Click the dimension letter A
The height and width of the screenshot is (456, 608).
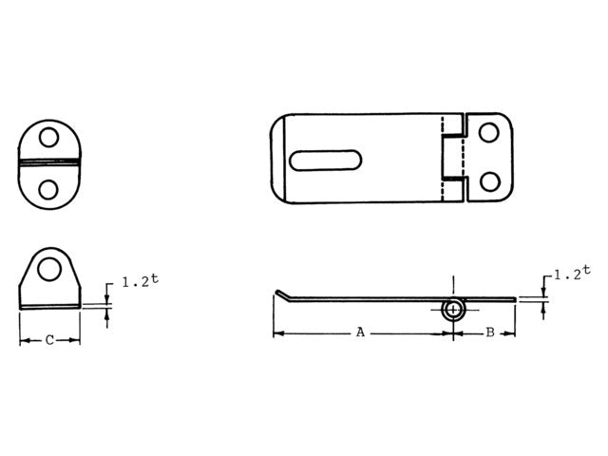pyautogui.click(x=360, y=332)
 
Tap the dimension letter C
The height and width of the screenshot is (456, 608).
pyautogui.click(x=49, y=340)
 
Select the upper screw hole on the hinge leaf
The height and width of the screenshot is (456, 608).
pyautogui.click(x=488, y=133)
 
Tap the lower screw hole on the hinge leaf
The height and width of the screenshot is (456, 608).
pyautogui.click(x=488, y=180)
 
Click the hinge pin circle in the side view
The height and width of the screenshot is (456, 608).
pyautogui.click(x=455, y=309)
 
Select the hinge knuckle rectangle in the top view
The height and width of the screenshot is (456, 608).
pyautogui.click(x=454, y=157)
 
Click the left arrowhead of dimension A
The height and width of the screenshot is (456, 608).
pyautogui.click(x=277, y=333)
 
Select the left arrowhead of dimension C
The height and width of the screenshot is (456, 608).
pyautogui.click(x=24, y=340)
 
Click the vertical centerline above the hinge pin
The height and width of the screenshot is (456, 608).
pyautogui.click(x=455, y=285)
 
